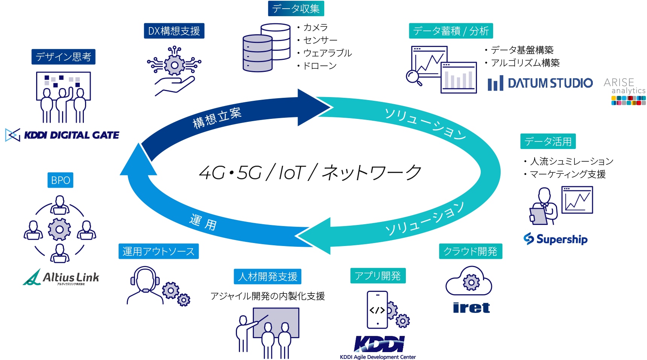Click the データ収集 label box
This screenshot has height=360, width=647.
(296, 8)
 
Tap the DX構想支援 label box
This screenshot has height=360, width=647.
(174, 31)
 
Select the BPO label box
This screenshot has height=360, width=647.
(60, 180)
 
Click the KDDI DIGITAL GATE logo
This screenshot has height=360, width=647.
(62, 135)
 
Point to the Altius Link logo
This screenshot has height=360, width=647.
(61, 278)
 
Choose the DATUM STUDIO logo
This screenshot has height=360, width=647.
(540, 83)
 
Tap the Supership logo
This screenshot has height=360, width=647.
(556, 239)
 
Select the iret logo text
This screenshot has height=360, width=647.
(471, 308)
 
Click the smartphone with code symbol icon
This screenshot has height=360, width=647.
(378, 310)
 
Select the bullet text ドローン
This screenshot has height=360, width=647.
(320, 66)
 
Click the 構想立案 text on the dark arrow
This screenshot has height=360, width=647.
(217, 118)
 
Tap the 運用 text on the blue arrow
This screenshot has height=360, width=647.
(203, 222)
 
